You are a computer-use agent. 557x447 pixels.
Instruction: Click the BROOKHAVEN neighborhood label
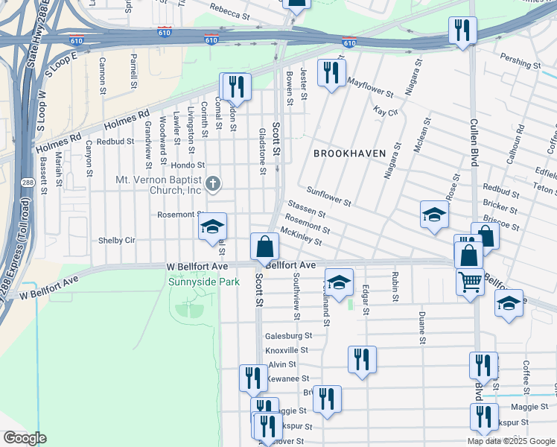349,153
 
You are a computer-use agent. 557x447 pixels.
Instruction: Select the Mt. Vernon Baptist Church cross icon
214,183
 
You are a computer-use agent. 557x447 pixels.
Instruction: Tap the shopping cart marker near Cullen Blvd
470,282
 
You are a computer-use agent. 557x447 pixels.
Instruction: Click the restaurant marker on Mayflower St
330,72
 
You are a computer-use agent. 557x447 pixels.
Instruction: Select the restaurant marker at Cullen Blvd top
462,31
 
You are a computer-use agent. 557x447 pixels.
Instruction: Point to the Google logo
25,438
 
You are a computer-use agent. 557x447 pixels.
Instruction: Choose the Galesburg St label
286,335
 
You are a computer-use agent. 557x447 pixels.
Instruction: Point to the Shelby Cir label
117,241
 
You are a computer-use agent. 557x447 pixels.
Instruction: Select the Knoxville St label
287,349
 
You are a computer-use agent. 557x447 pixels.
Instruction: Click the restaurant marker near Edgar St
362,359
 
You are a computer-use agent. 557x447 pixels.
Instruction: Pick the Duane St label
421,327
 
